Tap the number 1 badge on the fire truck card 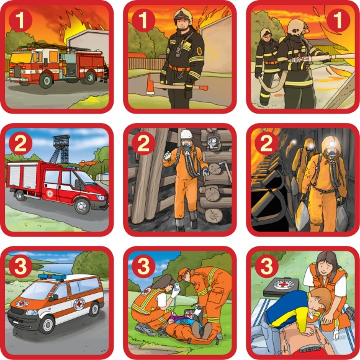[x=20, y=20]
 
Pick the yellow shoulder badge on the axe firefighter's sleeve [x=199, y=52]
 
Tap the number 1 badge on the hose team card [x=338, y=20]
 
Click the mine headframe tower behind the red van [x=60, y=149]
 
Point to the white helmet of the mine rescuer [x=186, y=134]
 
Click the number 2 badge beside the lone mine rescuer [x=143, y=143]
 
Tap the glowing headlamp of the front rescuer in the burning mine [x=332, y=143]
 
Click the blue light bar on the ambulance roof [x=52, y=277]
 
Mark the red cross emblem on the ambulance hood [x=22, y=304]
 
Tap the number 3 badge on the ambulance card [x=20, y=266]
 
